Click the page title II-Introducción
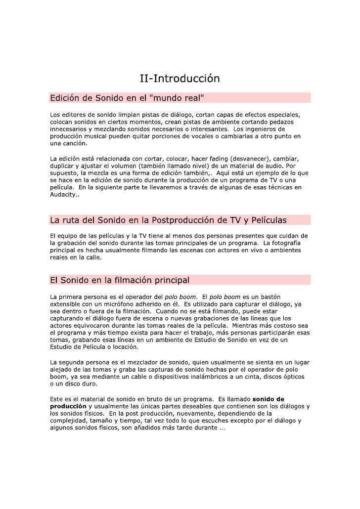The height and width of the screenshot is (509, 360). pos(180,79)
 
